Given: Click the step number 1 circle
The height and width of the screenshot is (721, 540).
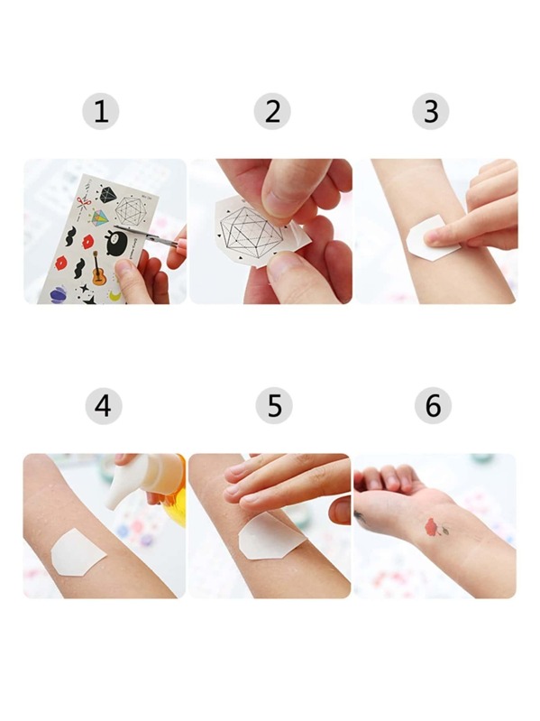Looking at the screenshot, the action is [x=101, y=111].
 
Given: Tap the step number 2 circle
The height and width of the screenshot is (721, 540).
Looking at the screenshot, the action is [x=272, y=111].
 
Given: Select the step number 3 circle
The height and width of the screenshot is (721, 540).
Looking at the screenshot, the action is [x=430, y=111].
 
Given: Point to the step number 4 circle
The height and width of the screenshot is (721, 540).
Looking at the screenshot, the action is [x=104, y=405].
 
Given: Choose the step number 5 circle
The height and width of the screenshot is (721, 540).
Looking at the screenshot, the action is [x=274, y=405].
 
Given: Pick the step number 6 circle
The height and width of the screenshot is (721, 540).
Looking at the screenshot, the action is [x=433, y=405].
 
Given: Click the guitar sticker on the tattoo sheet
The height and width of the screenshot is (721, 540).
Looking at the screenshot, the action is [x=98, y=269].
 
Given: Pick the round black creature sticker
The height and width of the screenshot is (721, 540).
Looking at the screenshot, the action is [x=114, y=243].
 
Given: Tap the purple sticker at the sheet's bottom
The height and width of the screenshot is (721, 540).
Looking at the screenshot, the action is [x=59, y=295].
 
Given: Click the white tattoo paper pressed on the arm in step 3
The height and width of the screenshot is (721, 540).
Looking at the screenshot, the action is [x=430, y=237].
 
